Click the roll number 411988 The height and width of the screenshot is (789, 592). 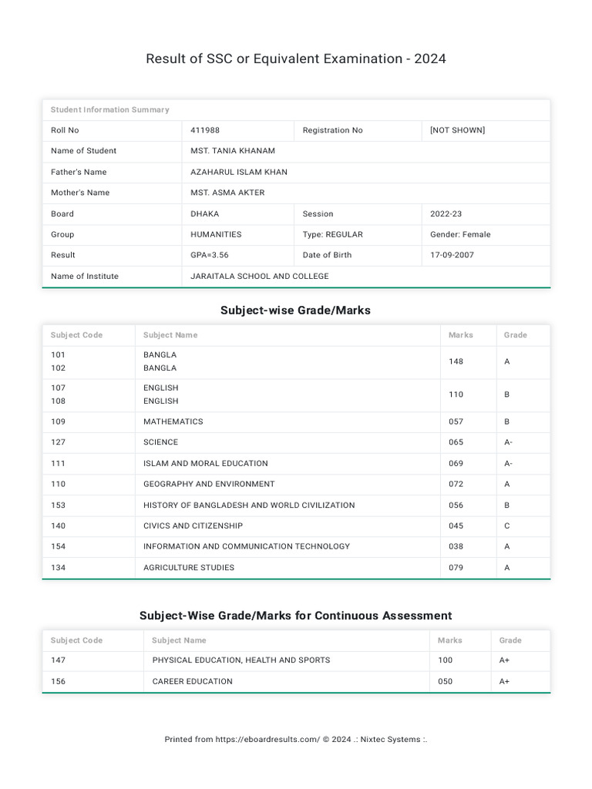205,130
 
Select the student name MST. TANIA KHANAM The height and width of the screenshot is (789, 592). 233,151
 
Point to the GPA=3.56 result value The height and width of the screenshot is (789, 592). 210,255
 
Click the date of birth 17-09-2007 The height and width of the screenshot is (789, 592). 452,255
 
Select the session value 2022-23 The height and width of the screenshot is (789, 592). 446,213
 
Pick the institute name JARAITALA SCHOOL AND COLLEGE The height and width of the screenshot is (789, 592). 260,276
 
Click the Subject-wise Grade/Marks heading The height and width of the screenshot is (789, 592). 295,311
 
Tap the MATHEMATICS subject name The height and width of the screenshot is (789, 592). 173,421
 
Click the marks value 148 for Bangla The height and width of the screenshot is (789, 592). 456,361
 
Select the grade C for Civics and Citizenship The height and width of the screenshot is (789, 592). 507,525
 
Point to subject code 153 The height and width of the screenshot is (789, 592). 58,505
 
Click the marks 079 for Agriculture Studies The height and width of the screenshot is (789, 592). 456,568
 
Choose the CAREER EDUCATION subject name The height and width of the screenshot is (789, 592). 192,681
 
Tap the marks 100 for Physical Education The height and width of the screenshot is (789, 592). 446,660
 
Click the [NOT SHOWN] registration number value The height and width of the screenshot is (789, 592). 458,130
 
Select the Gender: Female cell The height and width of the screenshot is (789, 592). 460,234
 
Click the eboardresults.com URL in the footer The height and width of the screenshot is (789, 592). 267,740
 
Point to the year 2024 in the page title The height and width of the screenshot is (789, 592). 429,59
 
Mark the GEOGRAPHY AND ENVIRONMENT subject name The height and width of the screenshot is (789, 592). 209,484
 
